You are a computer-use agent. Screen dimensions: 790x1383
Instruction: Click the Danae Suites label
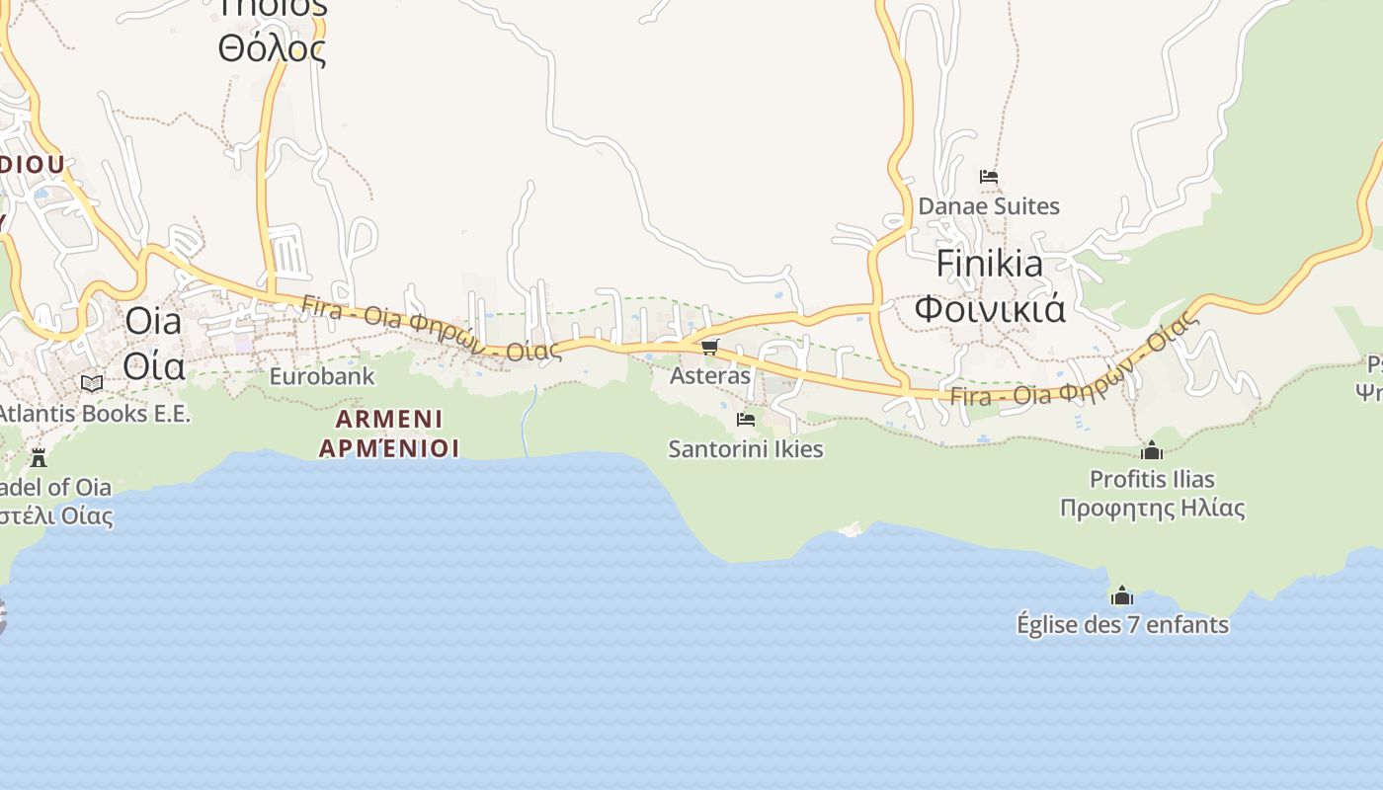(x=989, y=206)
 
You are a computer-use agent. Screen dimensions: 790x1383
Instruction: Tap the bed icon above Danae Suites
(x=989, y=178)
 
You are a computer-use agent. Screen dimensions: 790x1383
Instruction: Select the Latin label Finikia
(x=989, y=264)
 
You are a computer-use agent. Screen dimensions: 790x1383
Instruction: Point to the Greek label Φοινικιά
(x=989, y=309)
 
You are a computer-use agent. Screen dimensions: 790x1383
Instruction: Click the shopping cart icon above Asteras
(x=710, y=347)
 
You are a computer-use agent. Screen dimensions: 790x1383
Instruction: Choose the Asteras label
(x=710, y=376)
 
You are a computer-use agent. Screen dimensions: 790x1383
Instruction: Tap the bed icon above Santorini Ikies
(x=746, y=420)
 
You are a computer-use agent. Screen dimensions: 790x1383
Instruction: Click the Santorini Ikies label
(x=746, y=449)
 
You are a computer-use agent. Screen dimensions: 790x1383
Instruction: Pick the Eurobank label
(x=322, y=376)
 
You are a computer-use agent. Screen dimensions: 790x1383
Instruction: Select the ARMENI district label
(x=389, y=419)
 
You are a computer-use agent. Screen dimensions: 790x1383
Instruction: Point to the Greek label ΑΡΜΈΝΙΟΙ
(x=389, y=448)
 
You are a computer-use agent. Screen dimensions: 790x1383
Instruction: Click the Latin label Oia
(x=154, y=322)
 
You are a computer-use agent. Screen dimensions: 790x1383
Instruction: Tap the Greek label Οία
(x=154, y=366)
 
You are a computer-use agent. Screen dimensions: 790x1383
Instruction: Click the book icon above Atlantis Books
(x=92, y=383)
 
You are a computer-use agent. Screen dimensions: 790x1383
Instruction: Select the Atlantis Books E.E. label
(x=94, y=414)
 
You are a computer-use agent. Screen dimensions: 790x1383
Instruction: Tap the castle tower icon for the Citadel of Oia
(x=39, y=457)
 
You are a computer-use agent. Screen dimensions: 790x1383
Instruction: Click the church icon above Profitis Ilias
(x=1152, y=451)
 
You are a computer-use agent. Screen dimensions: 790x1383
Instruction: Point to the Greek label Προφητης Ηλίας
(x=1152, y=509)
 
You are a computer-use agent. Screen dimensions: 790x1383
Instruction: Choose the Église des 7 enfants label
(x=1122, y=625)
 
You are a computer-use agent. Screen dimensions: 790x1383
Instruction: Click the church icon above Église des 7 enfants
(x=1122, y=595)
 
